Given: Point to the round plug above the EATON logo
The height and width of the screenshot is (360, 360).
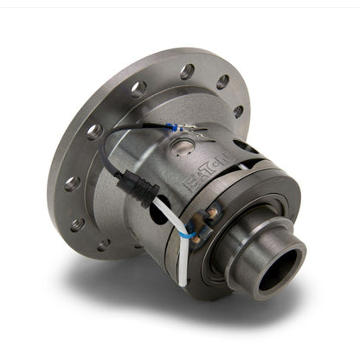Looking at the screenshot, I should click(x=183, y=149).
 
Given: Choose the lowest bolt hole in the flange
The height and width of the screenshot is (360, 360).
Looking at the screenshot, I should click(x=101, y=245).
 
